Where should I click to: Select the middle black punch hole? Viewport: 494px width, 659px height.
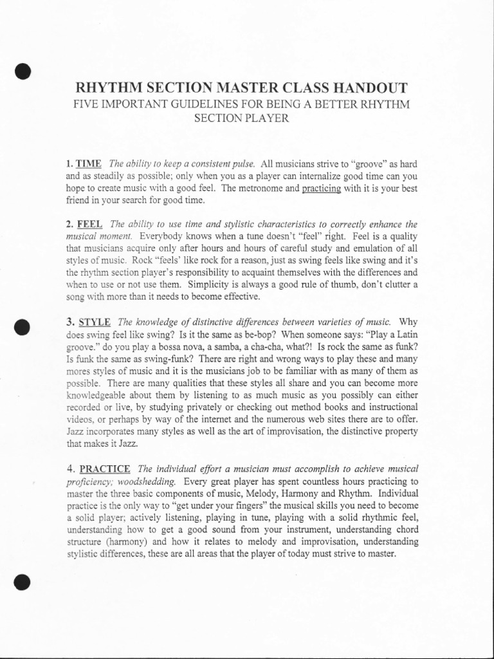coord(23,327)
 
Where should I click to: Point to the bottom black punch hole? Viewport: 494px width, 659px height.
coord(23,582)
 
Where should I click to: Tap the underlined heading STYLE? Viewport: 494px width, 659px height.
coord(94,321)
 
